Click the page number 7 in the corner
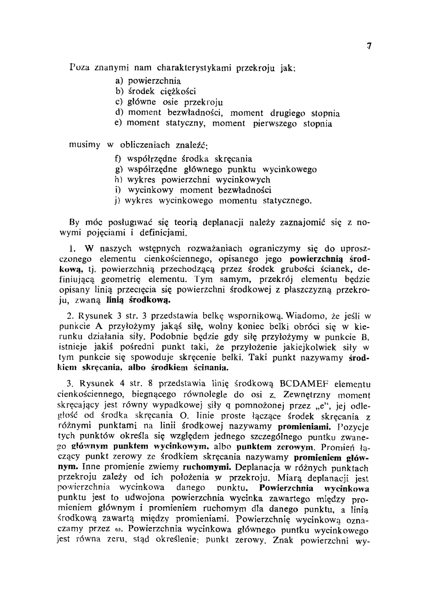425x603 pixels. tap(369, 46)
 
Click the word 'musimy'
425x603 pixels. tap(85, 145)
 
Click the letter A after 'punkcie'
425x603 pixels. tap(99, 327)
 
